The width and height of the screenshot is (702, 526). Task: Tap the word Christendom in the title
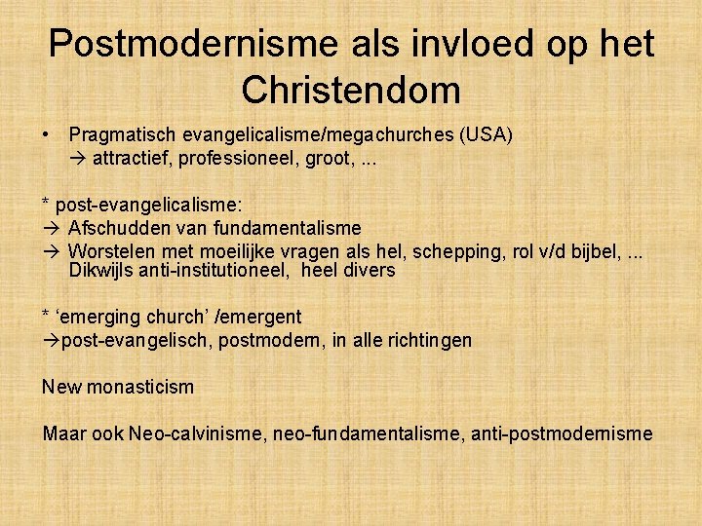pos(351,91)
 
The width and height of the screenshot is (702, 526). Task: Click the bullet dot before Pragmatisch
pos(46,134)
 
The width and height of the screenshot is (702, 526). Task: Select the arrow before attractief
pos(77,157)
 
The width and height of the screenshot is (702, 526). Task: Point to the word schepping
pos(459,251)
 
